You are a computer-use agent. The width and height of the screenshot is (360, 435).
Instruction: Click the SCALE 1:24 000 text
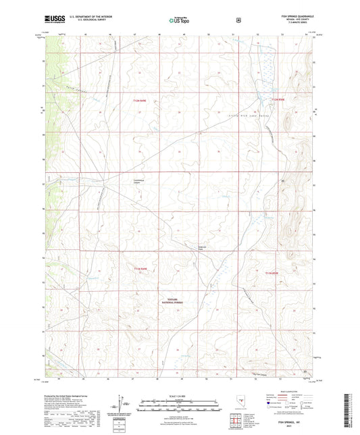click(x=179, y=395)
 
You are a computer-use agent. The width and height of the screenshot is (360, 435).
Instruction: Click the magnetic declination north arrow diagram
click(x=122, y=404)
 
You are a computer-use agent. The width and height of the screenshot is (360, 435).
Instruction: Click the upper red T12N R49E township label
click(x=139, y=101)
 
